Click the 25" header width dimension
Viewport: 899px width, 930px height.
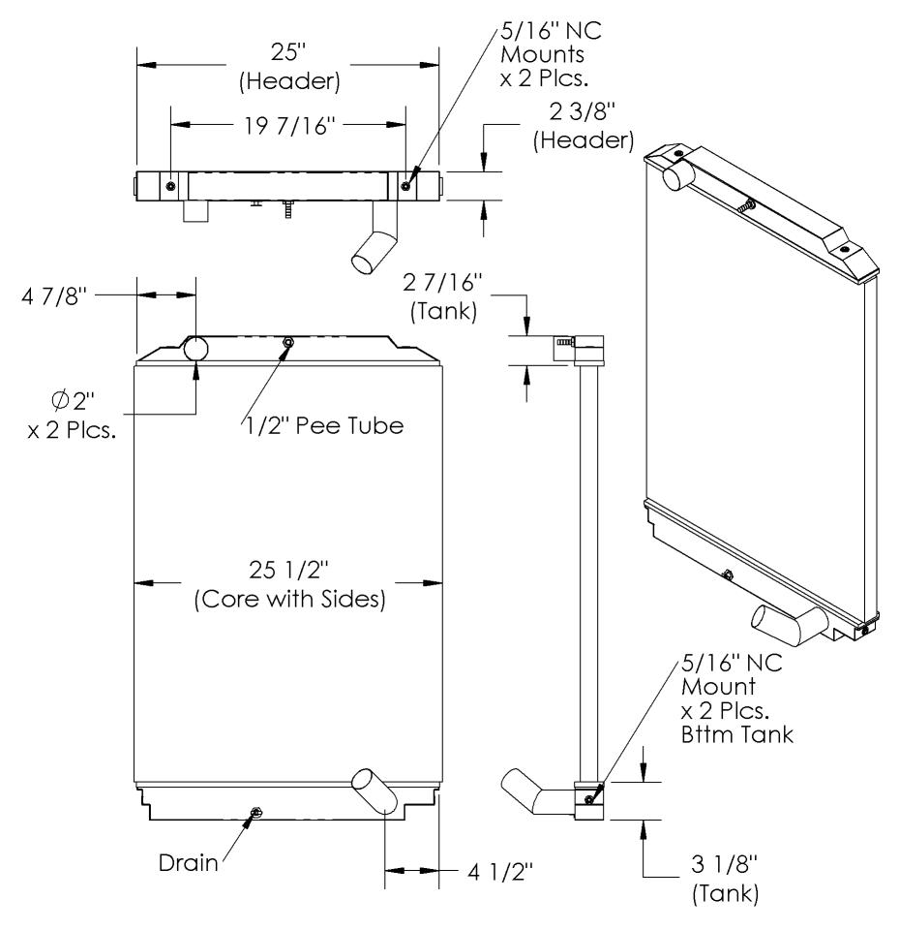coord(288,52)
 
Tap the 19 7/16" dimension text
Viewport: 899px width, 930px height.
coord(289,126)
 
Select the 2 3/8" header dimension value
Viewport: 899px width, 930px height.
coord(583,111)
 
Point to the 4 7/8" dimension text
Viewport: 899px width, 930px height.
coord(54,296)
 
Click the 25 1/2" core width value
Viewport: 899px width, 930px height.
coord(288,570)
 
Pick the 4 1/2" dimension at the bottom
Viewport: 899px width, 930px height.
coord(500,872)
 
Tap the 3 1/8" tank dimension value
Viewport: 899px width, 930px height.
coord(725,863)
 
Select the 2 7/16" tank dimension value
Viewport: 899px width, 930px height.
coord(442,282)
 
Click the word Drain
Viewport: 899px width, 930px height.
coord(189,862)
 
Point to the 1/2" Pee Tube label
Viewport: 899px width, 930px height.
coord(325,425)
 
